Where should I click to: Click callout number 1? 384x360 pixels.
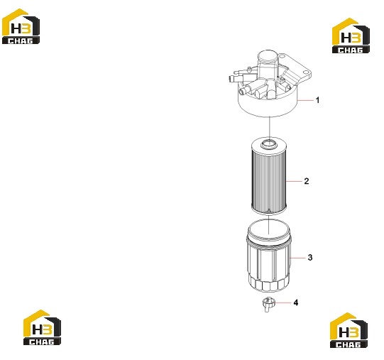[317, 100]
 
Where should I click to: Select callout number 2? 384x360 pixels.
[307, 181]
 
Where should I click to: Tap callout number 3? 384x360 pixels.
[310, 258]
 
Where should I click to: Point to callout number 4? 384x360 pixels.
[296, 303]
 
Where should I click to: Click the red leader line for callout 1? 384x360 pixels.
[305, 100]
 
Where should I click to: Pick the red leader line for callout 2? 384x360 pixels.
[294, 181]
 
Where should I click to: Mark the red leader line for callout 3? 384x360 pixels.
[297, 258]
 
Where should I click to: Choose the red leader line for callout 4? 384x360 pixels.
[283, 303]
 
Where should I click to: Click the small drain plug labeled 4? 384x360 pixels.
[268, 304]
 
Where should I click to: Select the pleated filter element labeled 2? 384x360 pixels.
[269, 176]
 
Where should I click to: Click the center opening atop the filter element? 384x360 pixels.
[269, 143]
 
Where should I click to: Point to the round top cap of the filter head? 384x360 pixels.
[268, 57]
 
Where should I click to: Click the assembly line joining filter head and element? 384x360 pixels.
[269, 127]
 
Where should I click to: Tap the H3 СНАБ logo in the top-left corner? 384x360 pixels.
[21, 26]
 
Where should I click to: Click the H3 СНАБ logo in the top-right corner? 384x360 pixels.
[351, 36]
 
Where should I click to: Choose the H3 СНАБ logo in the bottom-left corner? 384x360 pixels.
[42, 327]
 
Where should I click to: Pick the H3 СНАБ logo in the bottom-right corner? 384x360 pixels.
[349, 330]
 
